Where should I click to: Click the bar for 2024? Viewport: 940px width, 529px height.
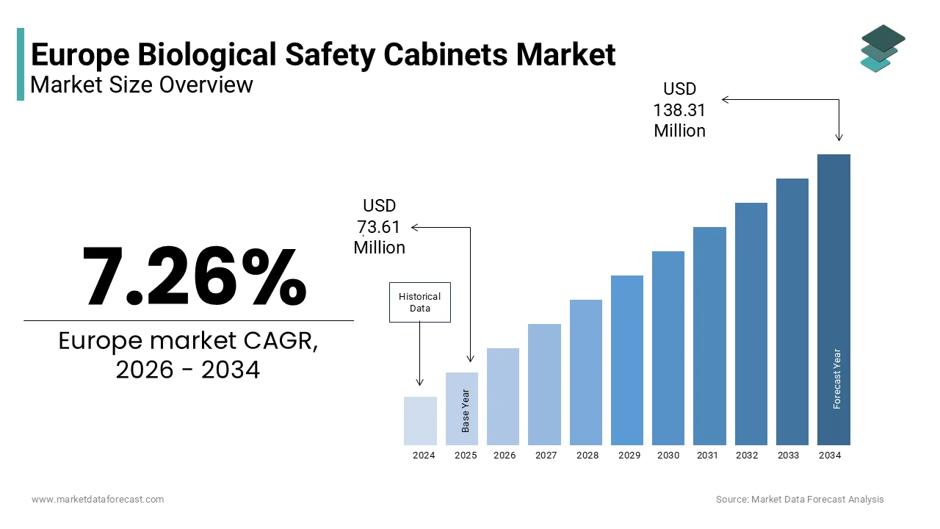point(420,421)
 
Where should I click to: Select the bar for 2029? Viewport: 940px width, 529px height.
point(626,360)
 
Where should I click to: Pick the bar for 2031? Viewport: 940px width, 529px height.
point(709,336)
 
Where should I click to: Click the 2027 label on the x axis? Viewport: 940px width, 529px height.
point(546,456)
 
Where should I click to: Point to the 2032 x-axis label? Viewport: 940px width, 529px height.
point(747,456)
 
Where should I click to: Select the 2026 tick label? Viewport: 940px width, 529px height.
point(505,456)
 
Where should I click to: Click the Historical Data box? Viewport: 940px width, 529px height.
point(419,302)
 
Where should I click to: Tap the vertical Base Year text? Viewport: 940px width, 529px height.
point(466,410)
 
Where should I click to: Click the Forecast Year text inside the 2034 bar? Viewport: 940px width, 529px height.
point(836,378)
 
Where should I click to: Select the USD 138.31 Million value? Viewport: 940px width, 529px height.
point(679,110)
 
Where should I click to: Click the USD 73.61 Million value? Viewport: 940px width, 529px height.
point(379,227)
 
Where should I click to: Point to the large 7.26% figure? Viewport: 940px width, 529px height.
point(194,277)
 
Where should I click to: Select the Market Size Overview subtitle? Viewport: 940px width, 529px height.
point(142,84)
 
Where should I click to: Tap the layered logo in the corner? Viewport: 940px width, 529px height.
point(882,48)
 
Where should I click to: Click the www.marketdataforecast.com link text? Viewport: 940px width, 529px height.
point(98,500)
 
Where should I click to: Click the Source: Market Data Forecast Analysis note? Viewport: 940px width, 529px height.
point(800,500)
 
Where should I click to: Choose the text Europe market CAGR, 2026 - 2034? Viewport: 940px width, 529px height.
point(188,356)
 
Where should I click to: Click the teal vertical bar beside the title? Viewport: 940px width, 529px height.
point(21,64)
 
